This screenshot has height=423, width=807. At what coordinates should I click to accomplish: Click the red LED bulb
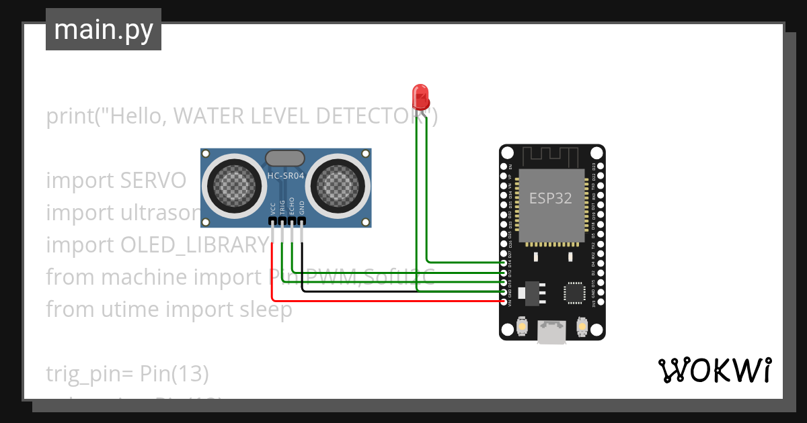(420, 95)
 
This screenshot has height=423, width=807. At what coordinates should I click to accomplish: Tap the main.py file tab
(103, 30)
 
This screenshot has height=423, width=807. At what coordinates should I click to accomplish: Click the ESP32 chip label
(550, 198)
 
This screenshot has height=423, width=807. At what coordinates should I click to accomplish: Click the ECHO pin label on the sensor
(292, 205)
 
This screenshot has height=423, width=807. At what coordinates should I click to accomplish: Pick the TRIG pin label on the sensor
(282, 205)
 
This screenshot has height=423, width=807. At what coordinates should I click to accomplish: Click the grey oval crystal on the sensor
(285, 158)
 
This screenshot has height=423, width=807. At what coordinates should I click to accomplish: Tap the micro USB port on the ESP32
(552, 332)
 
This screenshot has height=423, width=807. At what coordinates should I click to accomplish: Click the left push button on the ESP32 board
(522, 327)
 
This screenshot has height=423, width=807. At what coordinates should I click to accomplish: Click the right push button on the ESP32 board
(582, 327)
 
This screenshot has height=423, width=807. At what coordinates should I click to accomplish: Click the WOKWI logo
(714, 371)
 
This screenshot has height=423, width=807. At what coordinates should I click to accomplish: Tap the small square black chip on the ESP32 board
(575, 291)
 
